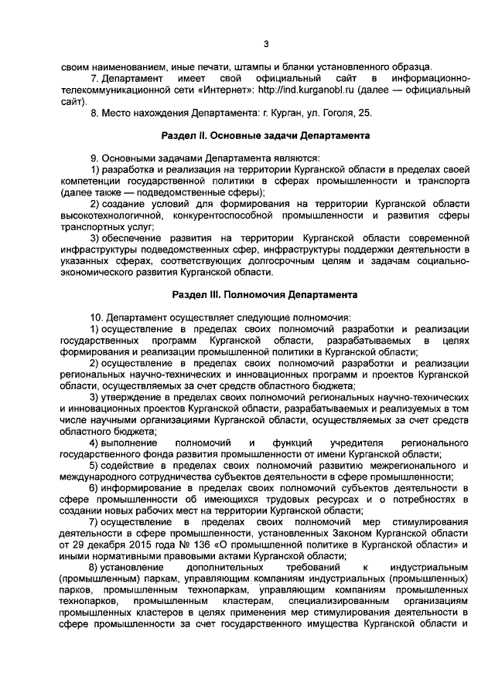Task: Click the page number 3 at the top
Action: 265,43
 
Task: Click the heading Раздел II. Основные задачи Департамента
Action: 265,135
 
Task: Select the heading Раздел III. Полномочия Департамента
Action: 265,295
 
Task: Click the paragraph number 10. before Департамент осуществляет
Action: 97,317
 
